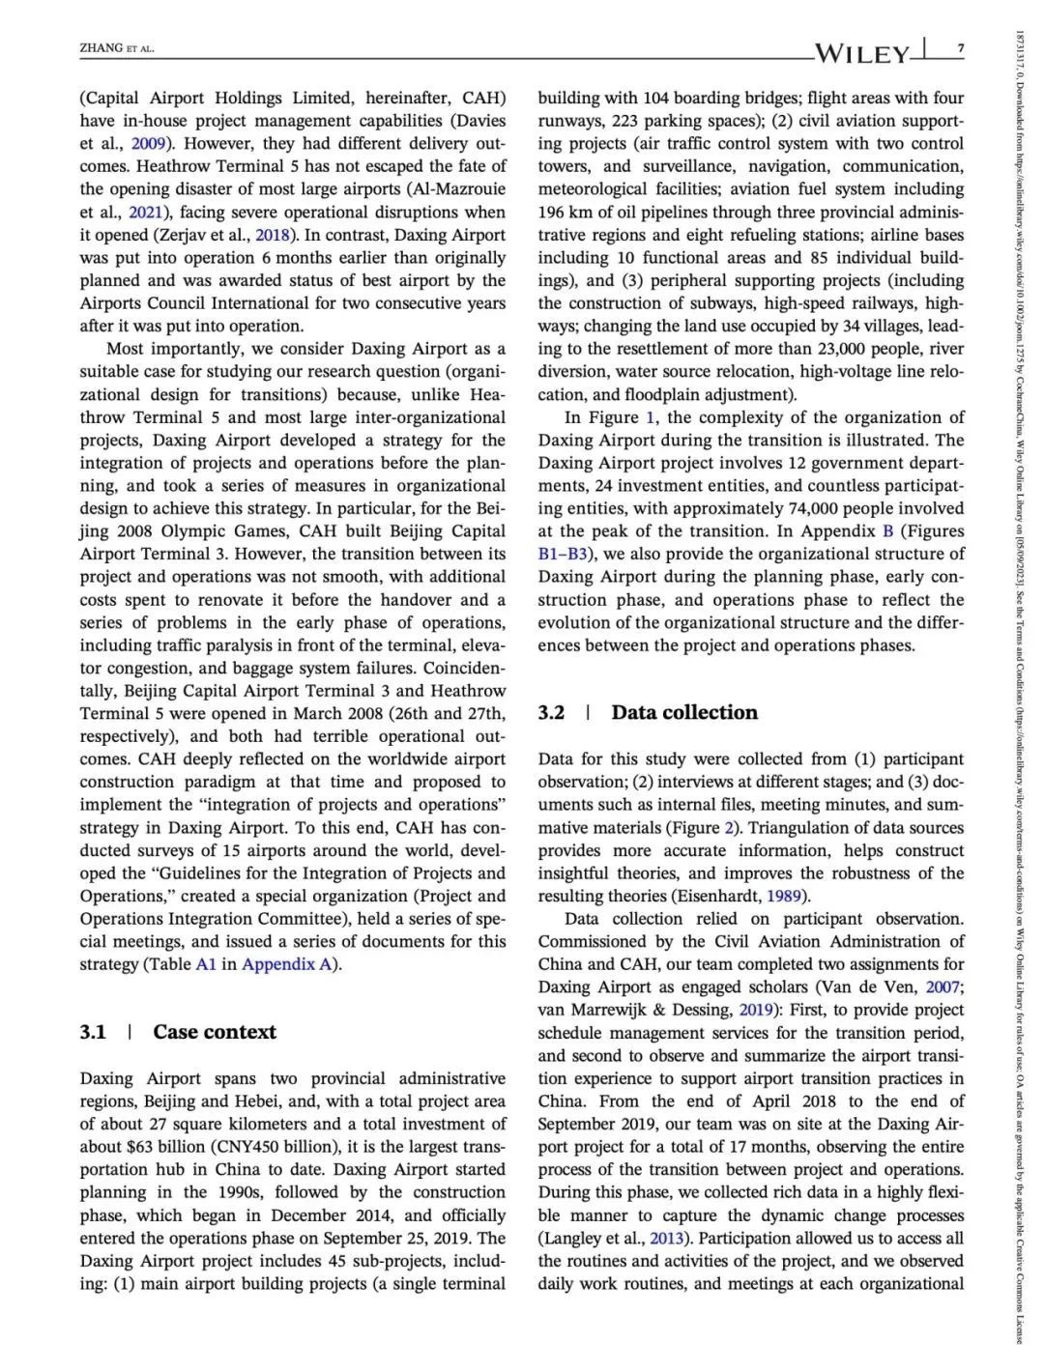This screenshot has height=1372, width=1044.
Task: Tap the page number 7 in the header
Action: (x=960, y=48)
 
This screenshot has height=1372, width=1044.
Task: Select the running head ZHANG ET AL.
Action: (x=117, y=48)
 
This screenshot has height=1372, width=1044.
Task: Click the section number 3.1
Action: (x=93, y=1032)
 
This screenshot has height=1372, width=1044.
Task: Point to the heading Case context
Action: (x=214, y=1032)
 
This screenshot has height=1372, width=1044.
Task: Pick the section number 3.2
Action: (x=551, y=713)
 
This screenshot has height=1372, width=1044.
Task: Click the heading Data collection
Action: (x=684, y=713)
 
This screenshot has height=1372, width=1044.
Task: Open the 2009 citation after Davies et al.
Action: (x=152, y=144)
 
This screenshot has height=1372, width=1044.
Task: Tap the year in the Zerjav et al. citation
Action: (x=274, y=235)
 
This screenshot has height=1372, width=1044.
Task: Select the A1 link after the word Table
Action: (x=206, y=964)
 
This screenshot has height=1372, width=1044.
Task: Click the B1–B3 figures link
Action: (x=565, y=555)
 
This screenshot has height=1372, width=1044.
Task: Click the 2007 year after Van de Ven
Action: (x=942, y=987)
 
